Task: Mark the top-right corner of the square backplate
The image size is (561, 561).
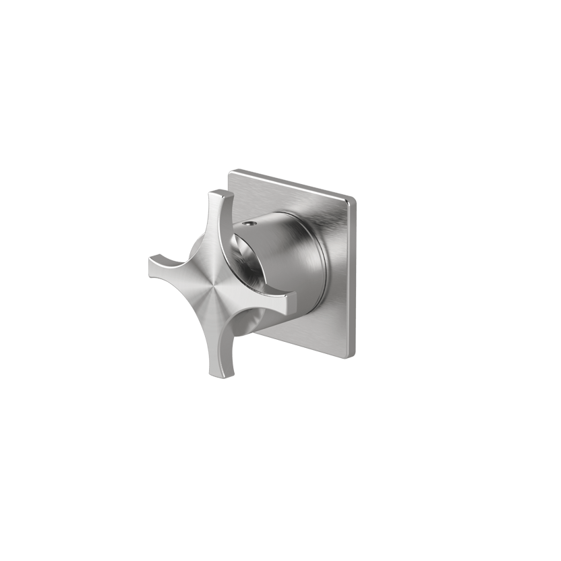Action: click(x=352, y=198)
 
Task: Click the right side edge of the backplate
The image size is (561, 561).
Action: click(x=353, y=276)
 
